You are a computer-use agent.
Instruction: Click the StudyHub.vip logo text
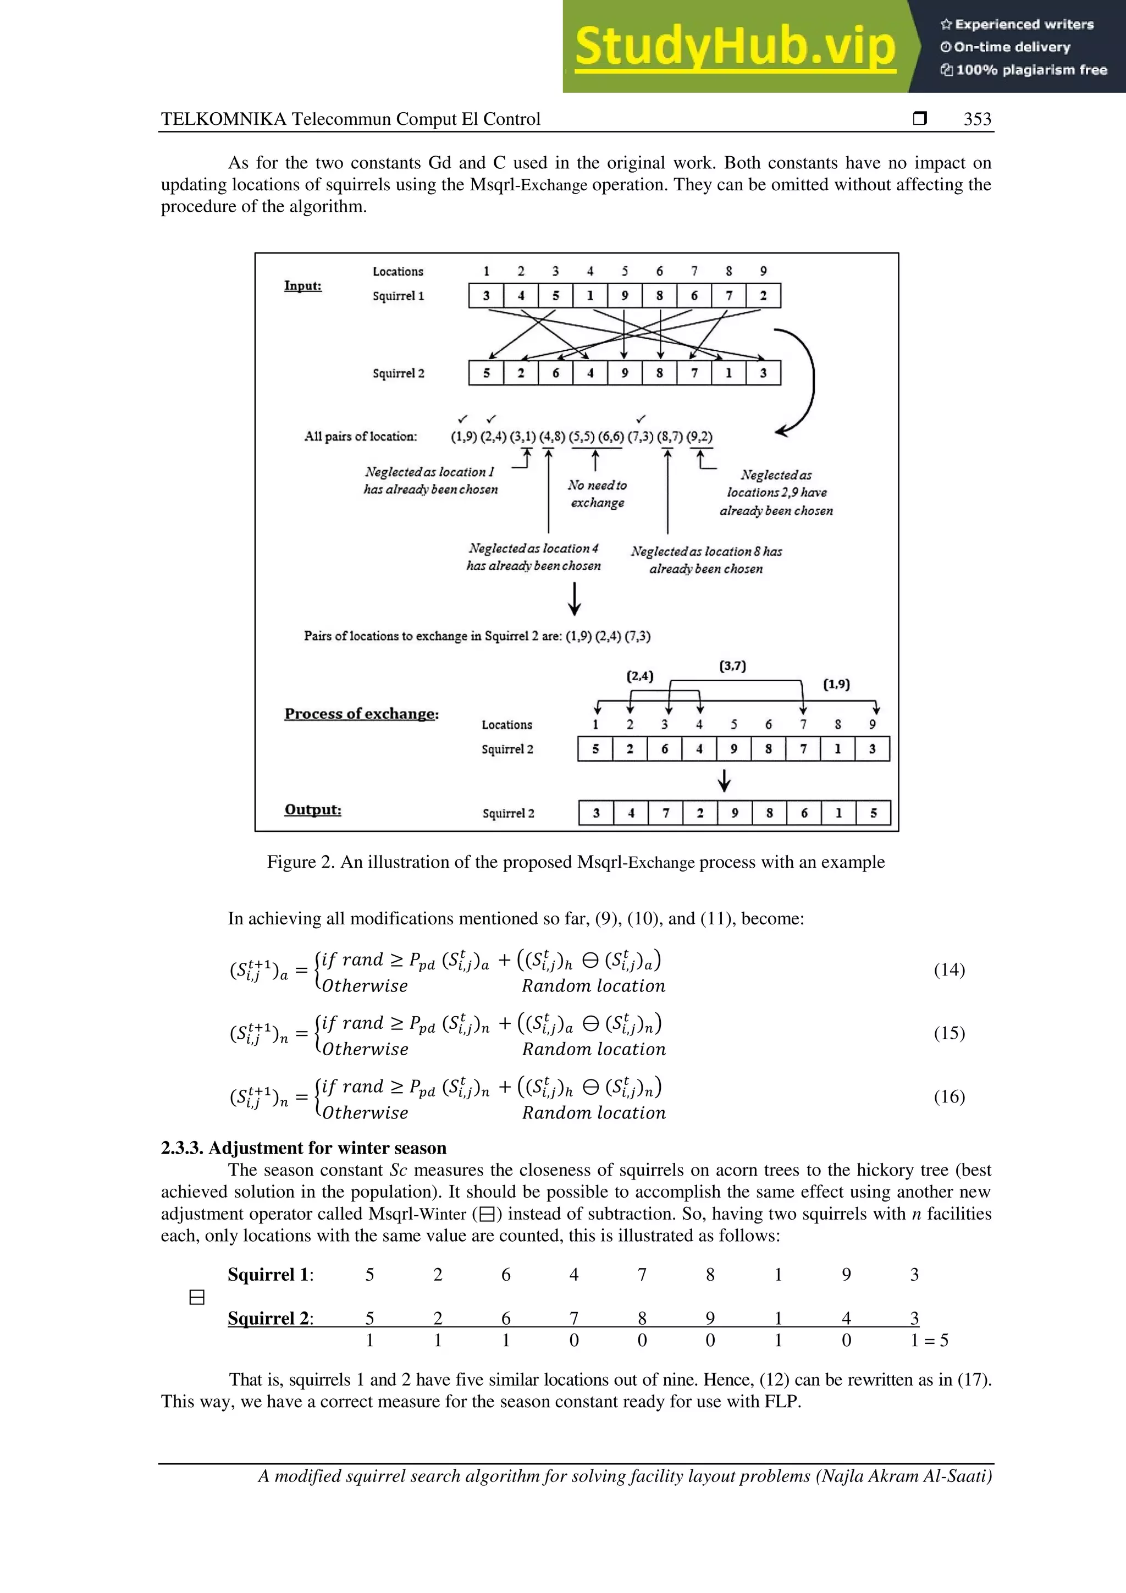click(736, 47)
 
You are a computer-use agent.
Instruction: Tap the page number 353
click(977, 119)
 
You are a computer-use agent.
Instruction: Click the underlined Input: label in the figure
click(302, 286)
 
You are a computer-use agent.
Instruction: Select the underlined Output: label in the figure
click(312, 809)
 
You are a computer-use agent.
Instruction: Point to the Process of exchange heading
click(361, 714)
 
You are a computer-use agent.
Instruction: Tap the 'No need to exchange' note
click(597, 493)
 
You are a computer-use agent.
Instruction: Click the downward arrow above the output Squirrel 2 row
click(724, 780)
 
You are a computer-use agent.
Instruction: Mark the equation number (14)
click(949, 969)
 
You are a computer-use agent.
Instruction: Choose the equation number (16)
click(949, 1096)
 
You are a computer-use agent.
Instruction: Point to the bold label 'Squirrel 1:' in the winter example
click(270, 1275)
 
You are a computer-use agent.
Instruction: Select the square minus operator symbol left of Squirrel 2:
click(197, 1297)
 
